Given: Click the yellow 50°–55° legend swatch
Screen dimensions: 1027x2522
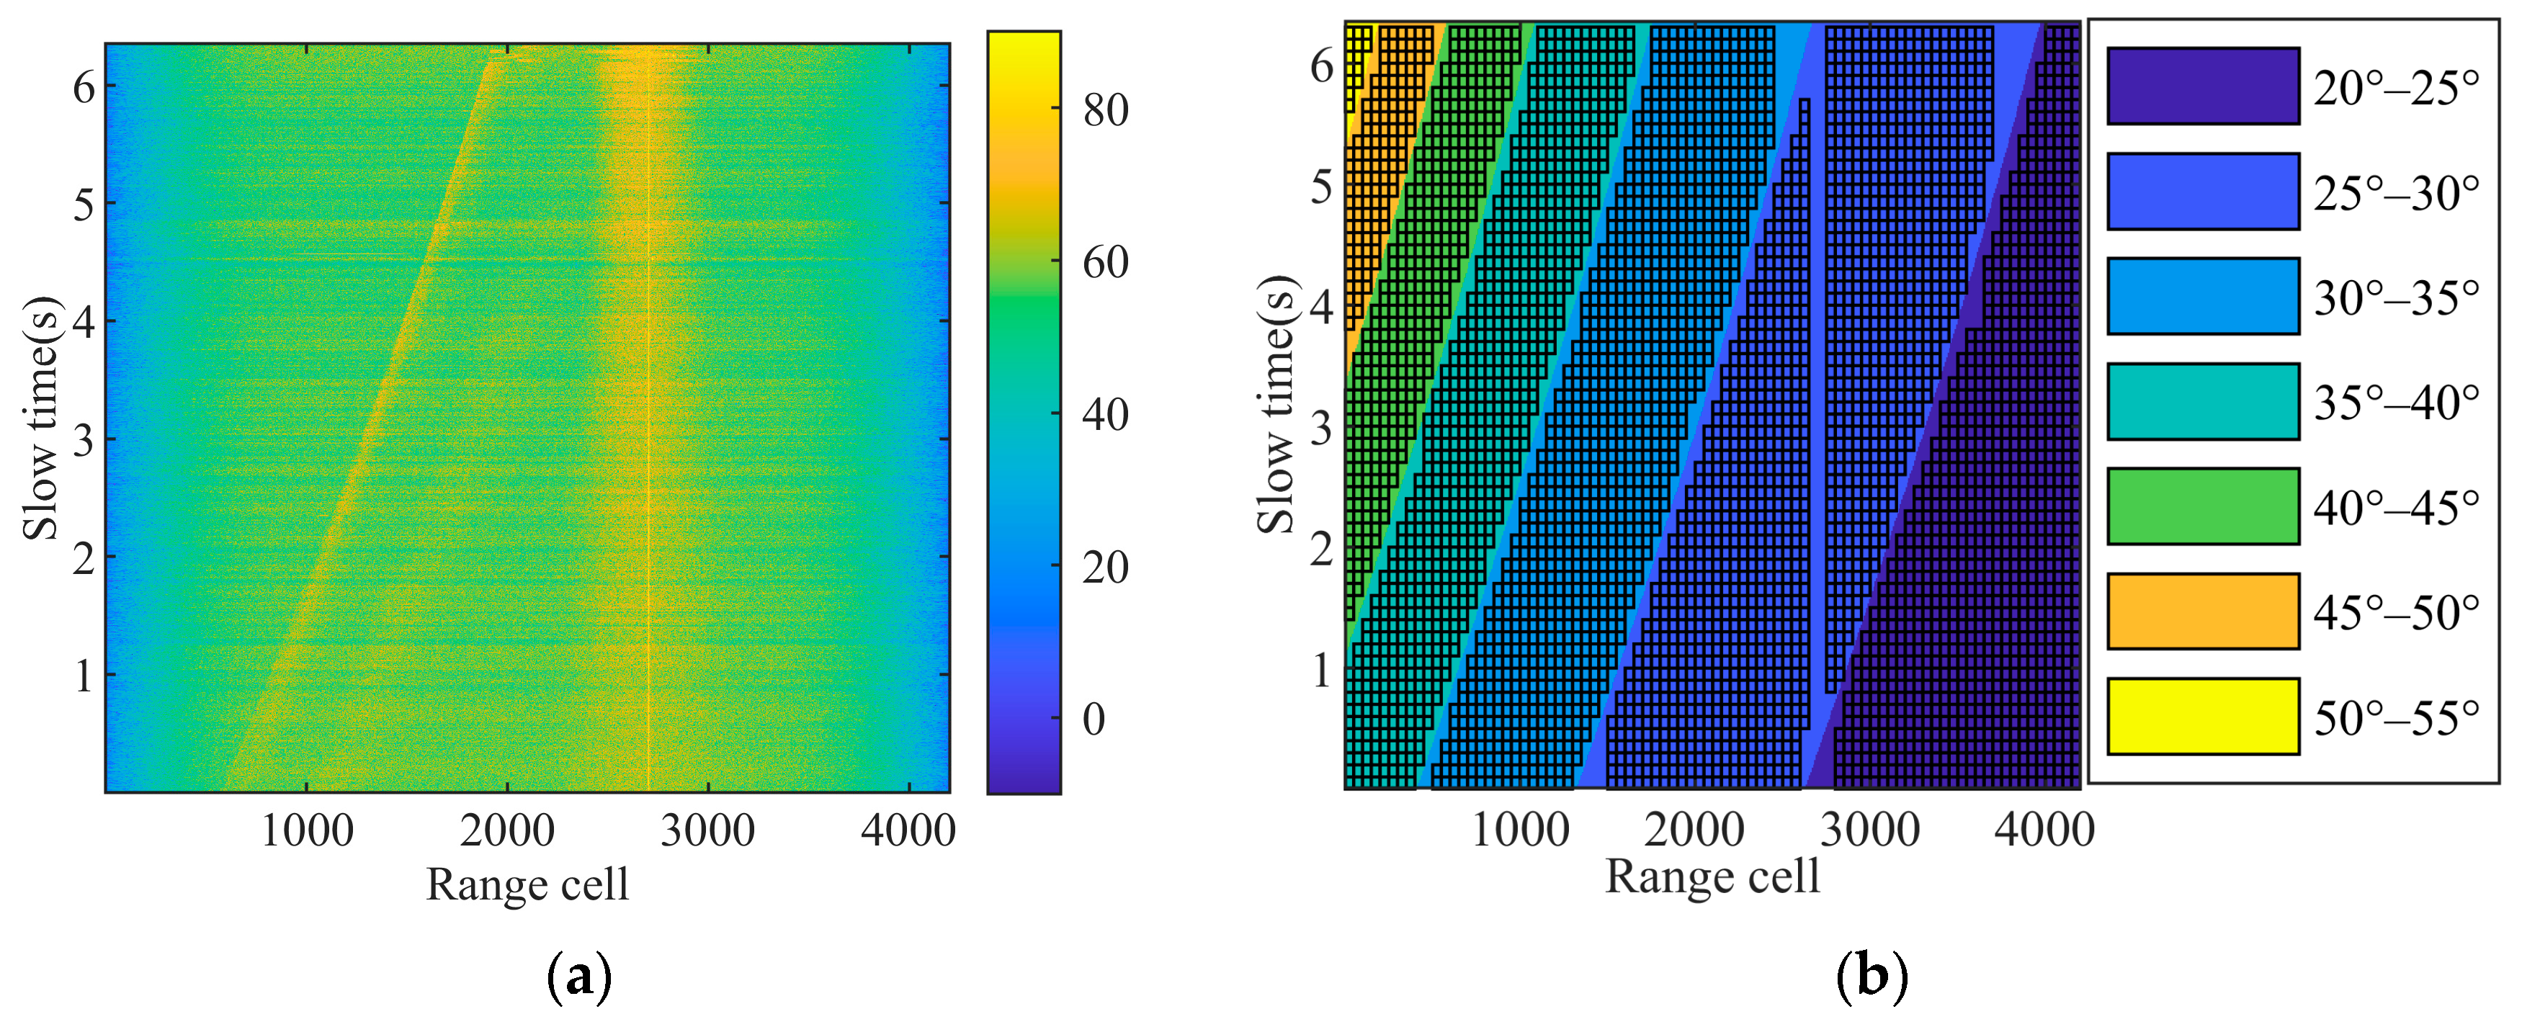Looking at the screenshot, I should (2202, 717).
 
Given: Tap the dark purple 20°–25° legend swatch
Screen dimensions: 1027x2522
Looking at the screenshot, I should (2202, 86).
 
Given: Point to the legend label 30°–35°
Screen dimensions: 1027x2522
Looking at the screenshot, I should (2396, 297).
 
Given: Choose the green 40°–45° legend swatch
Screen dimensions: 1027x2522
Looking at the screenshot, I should (2202, 506).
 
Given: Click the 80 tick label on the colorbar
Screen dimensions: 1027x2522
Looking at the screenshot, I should (1105, 111).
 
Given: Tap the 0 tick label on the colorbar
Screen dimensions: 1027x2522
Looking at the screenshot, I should (1094, 719).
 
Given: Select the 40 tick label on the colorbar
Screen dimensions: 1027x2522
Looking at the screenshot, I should (1105, 415).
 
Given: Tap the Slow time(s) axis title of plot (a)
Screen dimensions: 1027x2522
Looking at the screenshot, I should (41, 418).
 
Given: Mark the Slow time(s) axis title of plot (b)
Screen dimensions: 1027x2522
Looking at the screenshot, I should (1276, 404).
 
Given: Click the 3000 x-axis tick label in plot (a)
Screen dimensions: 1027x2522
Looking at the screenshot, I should (707, 831).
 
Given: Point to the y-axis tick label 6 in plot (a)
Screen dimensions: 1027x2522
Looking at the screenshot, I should (84, 88).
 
